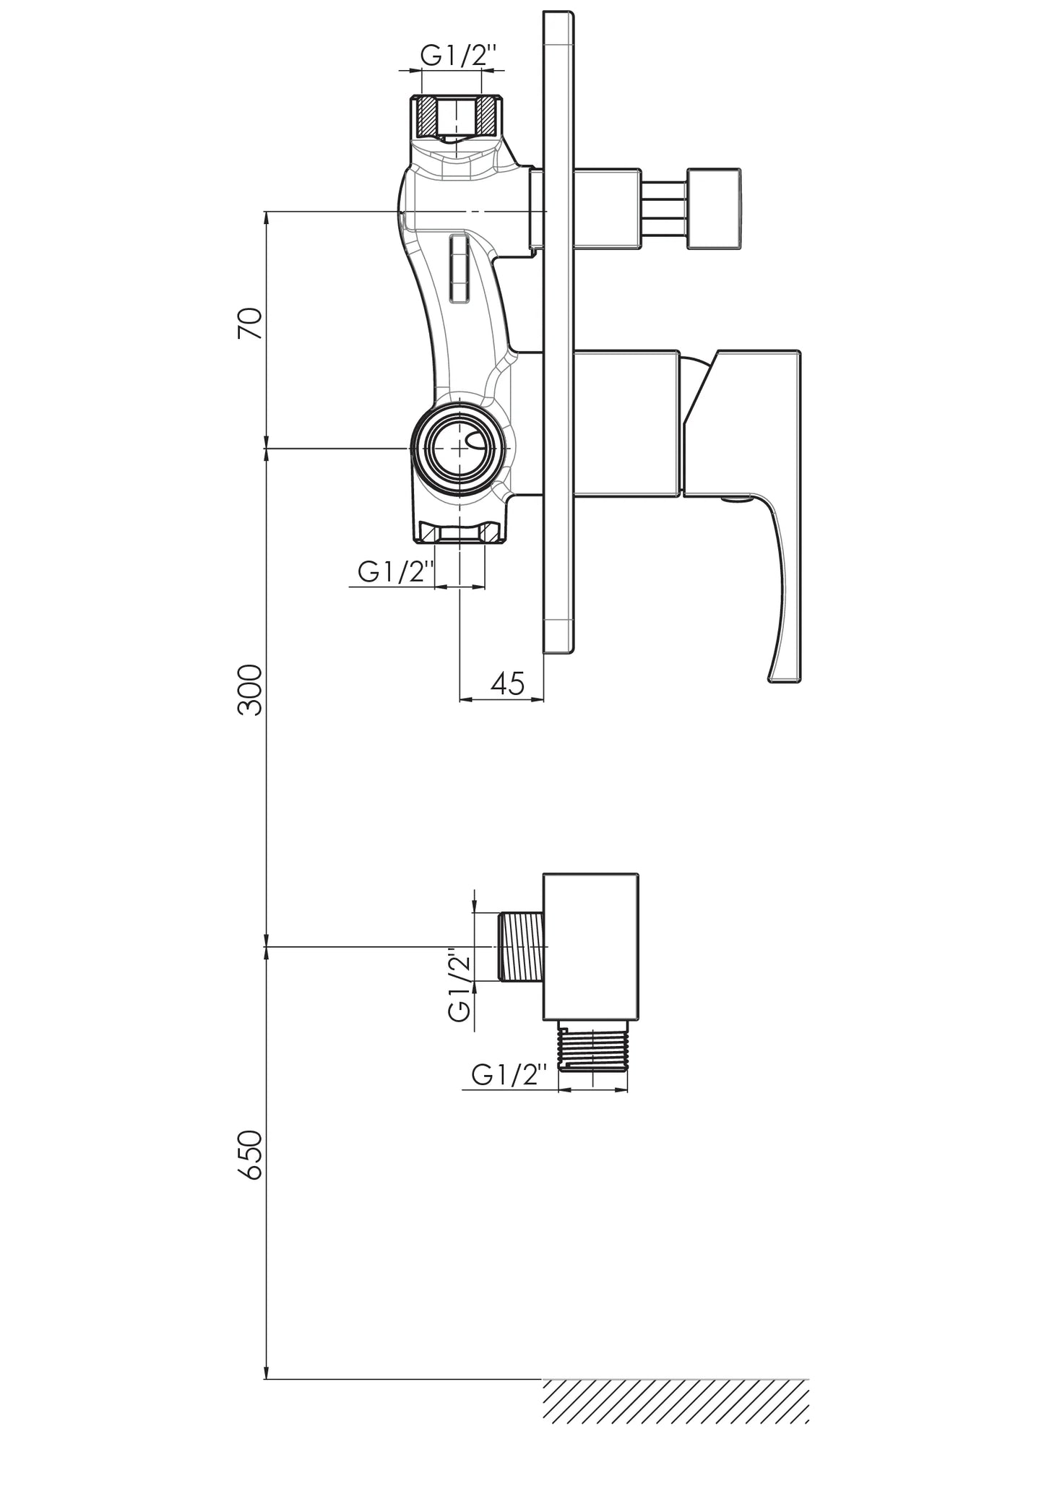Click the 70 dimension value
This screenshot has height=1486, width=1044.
pyautogui.click(x=250, y=324)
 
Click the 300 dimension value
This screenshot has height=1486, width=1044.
pyautogui.click(x=250, y=690)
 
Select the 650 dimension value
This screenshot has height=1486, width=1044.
pyautogui.click(x=250, y=1155)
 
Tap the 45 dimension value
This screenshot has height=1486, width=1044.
pyautogui.click(x=507, y=683)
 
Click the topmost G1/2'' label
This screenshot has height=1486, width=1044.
pyautogui.click(x=459, y=56)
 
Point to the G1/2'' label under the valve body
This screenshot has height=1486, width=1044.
pyautogui.click(x=396, y=573)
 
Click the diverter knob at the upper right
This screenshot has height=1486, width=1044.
pyautogui.click(x=714, y=209)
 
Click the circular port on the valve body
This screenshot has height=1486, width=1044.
pyautogui.click(x=460, y=448)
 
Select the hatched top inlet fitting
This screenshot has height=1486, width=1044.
pyautogui.click(x=460, y=116)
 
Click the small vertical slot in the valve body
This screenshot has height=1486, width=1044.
pyautogui.click(x=459, y=267)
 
